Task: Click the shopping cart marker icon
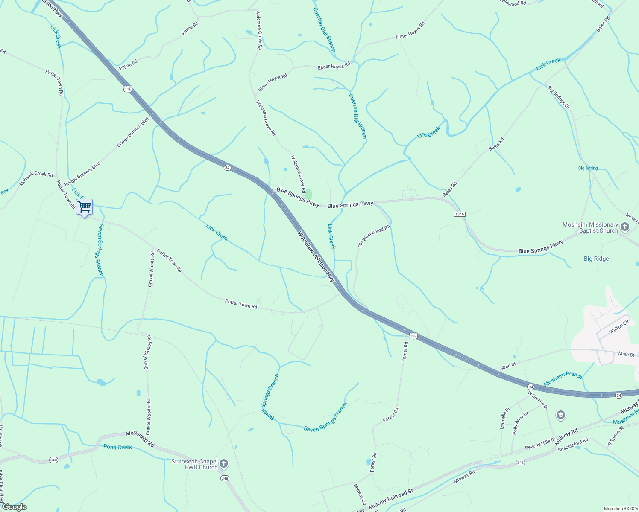click(85, 207)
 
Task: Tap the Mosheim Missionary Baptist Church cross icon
click(625, 227)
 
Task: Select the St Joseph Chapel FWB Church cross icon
click(224, 464)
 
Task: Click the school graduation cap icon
click(560, 415)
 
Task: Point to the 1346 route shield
click(460, 214)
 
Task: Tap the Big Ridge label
click(596, 259)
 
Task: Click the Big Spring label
click(588, 168)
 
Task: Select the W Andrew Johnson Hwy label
click(316, 256)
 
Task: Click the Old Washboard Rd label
click(374, 236)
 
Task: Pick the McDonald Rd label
click(140, 439)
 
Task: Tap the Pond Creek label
click(117, 447)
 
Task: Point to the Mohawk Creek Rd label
click(36, 180)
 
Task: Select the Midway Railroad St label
click(391, 497)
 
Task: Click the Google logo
click(14, 507)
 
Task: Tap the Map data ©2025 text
click(620, 509)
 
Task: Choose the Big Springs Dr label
click(559, 97)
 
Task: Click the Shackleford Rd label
click(573, 444)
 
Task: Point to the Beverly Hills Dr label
click(540, 443)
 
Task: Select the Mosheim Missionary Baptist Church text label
click(590, 227)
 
